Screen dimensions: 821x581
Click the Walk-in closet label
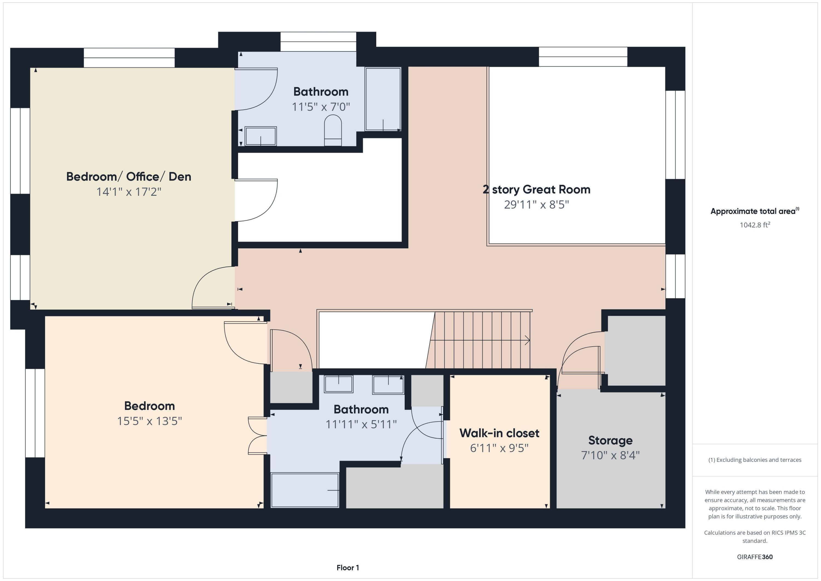click(x=499, y=433)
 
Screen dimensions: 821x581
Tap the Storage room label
click(x=610, y=440)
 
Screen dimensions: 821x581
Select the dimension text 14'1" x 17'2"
click(x=129, y=192)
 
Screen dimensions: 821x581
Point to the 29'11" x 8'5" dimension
click(x=536, y=205)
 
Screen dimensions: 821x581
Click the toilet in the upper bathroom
click(x=333, y=130)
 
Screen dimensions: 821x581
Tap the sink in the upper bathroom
click(x=261, y=136)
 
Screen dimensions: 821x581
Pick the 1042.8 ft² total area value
click(x=755, y=225)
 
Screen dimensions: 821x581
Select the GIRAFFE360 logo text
click(x=755, y=557)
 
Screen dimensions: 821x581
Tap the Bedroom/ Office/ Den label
click(x=129, y=177)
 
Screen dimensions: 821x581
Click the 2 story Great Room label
click(x=536, y=190)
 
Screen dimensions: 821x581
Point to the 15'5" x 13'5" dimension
click(x=149, y=421)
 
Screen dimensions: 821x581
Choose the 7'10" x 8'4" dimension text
click(x=610, y=455)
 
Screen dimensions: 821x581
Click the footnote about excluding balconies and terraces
click(x=755, y=460)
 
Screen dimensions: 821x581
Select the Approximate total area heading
click(x=755, y=211)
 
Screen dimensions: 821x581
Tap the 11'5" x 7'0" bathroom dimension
click(x=321, y=107)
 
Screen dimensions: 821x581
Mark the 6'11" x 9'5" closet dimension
click(x=499, y=448)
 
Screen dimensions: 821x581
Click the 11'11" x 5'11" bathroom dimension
click(x=361, y=424)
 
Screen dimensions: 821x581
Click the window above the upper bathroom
click(x=318, y=42)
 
